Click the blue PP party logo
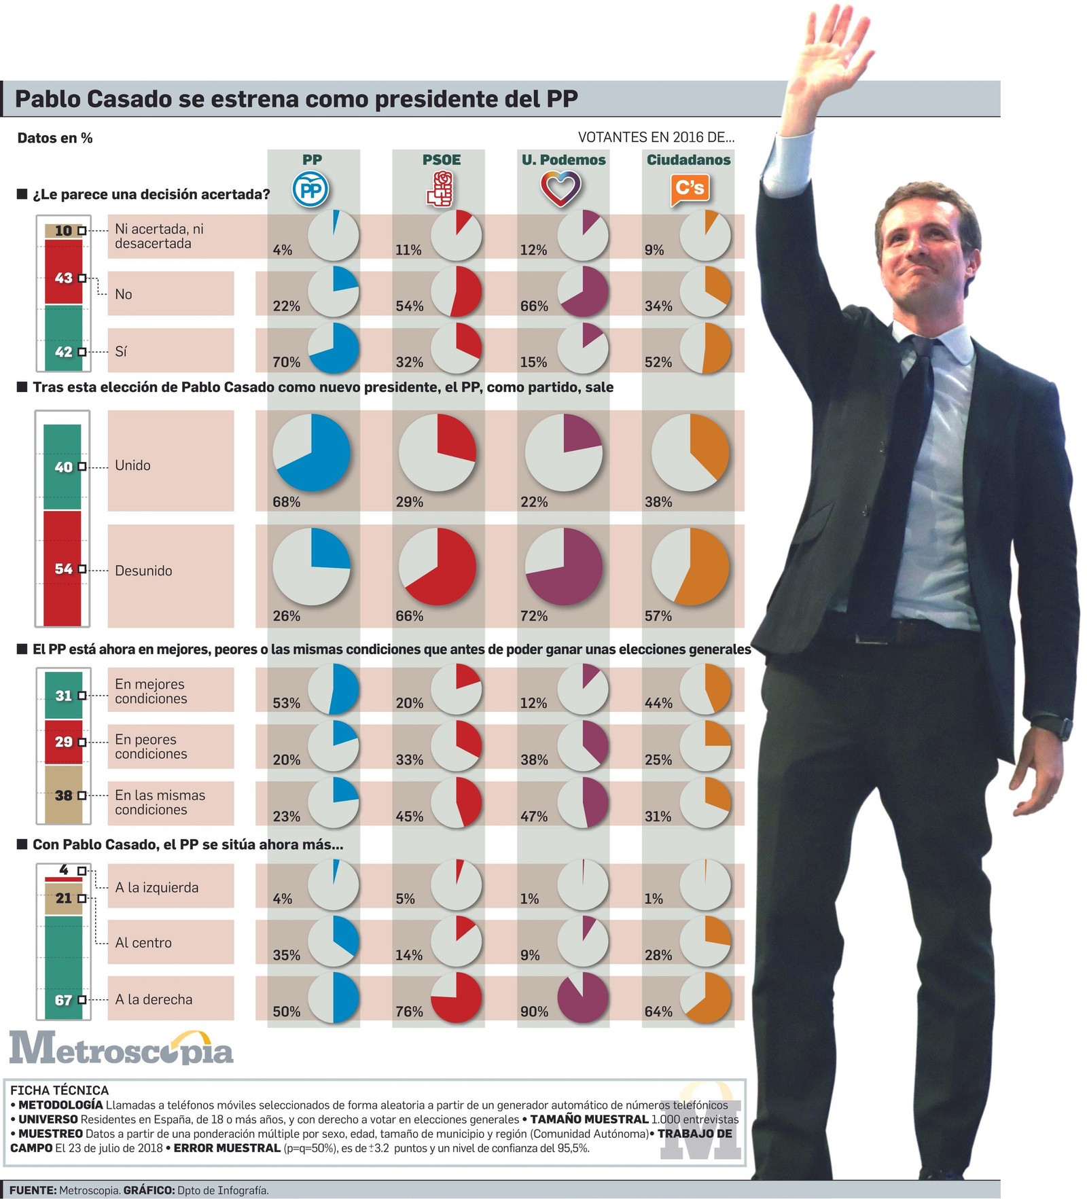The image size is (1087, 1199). click(311, 190)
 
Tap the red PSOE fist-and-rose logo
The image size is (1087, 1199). click(440, 189)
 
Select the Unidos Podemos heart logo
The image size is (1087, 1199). click(561, 189)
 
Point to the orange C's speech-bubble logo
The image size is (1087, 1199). click(690, 189)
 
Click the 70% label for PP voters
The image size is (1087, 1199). click(286, 362)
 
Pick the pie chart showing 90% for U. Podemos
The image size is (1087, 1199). click(582, 997)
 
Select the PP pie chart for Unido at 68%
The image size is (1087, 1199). click(311, 452)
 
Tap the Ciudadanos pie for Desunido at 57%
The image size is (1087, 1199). click(690, 567)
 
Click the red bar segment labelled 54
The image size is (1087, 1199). click(63, 568)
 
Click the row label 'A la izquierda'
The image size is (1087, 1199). click(157, 887)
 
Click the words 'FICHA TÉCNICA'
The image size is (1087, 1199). click(59, 1090)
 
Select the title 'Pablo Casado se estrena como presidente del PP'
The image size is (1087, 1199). click(296, 99)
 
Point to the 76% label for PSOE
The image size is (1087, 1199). click(409, 1012)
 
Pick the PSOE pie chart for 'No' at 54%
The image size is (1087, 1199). click(457, 291)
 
